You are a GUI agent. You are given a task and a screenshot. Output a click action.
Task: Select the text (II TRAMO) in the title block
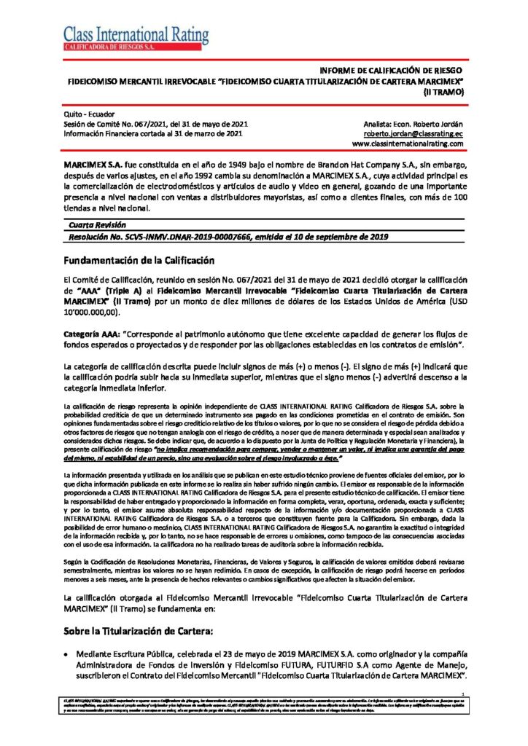[x=444, y=93]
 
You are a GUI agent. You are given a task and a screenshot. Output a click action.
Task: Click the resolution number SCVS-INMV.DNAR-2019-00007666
[x=179, y=237]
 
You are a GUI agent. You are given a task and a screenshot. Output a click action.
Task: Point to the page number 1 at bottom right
[x=463, y=694]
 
